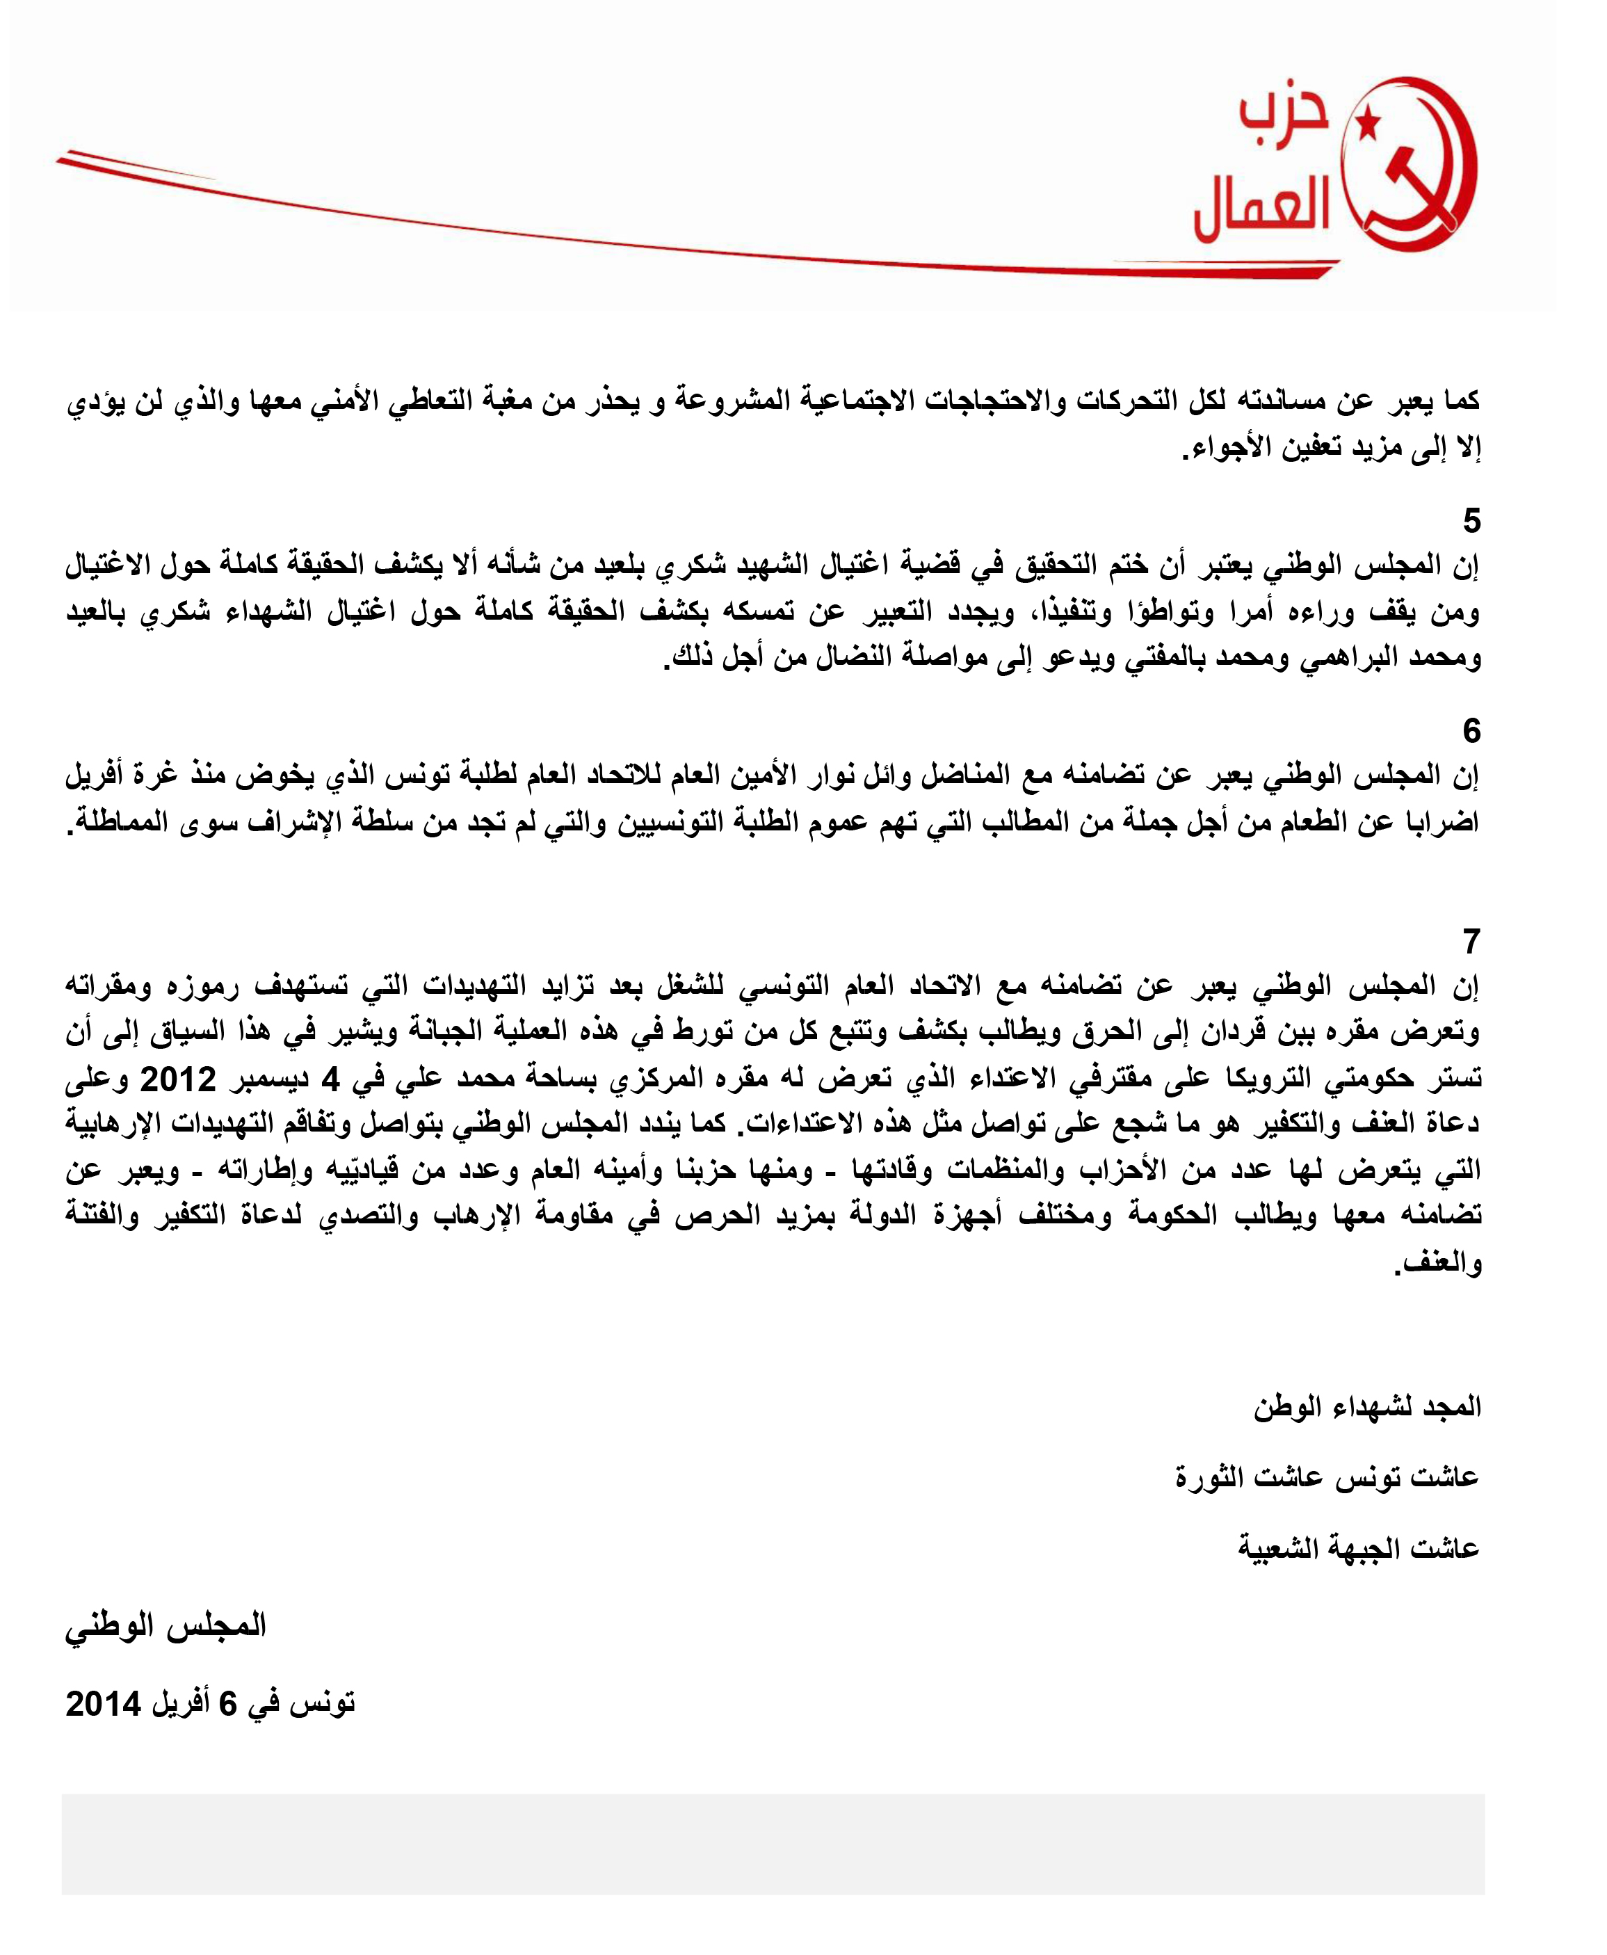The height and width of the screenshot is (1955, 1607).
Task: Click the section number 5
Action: pos(1471,521)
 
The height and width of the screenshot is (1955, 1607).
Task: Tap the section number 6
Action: pos(1471,731)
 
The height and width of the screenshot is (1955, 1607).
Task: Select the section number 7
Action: pos(1471,942)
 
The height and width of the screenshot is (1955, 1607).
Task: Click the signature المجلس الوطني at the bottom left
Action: pos(165,1627)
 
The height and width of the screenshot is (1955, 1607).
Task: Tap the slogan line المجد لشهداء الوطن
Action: pos(1367,1407)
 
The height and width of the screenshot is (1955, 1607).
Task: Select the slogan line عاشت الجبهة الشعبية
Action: pos(1359,1547)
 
